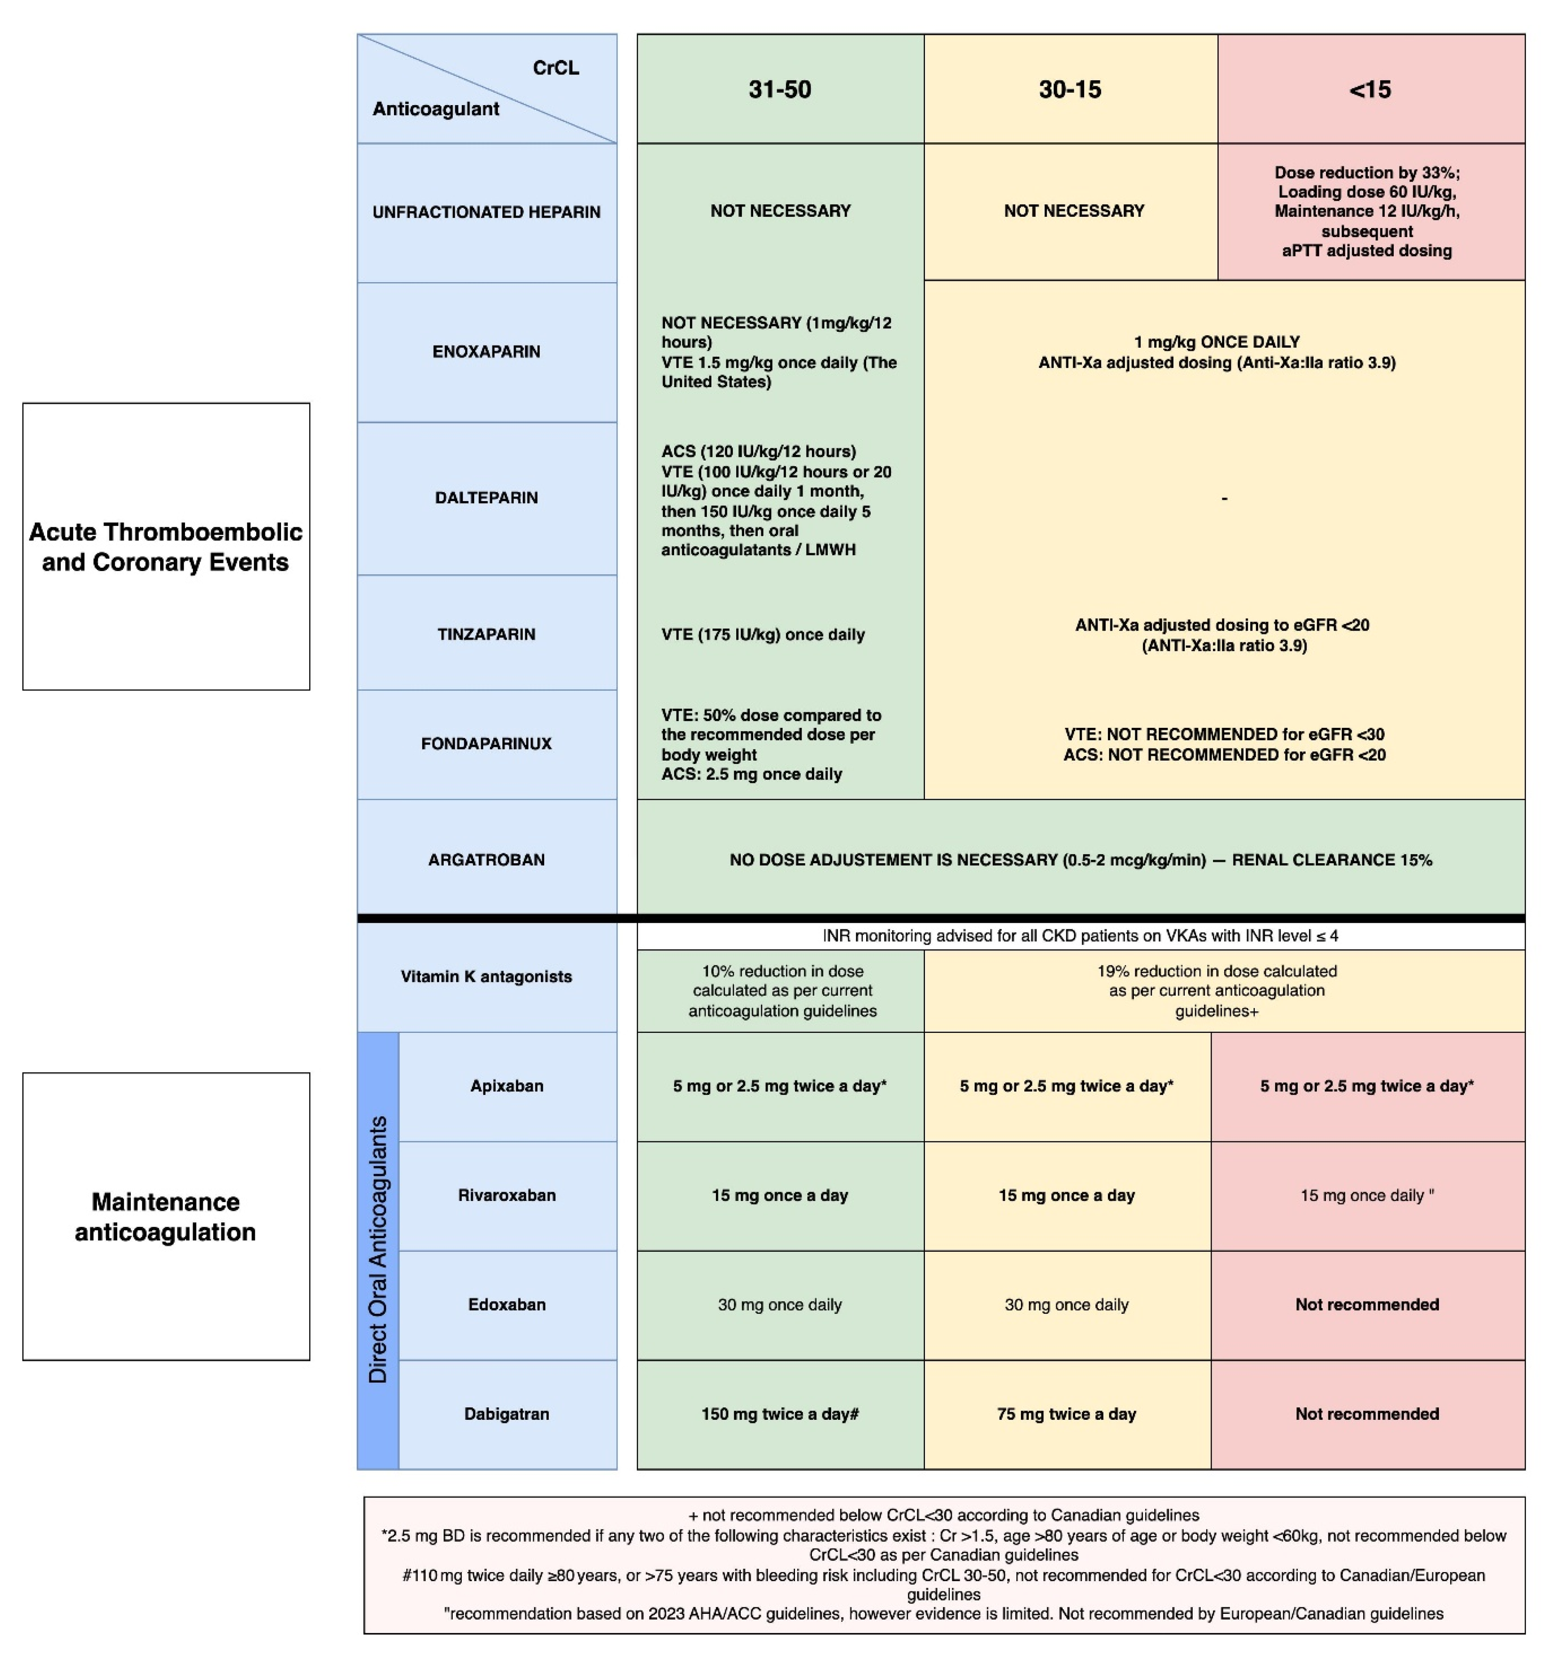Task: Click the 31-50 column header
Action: click(780, 89)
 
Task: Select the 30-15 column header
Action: click(1070, 89)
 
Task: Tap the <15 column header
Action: click(1369, 89)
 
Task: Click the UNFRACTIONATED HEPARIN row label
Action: click(487, 212)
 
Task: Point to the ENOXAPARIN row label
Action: click(487, 351)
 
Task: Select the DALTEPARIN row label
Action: click(487, 497)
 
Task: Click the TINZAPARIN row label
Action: click(487, 634)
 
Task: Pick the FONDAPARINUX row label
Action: click(487, 743)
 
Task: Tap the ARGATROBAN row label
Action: click(487, 859)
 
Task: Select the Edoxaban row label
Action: click(507, 1304)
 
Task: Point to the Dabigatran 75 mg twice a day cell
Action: click(1066, 1414)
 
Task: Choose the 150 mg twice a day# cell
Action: click(780, 1414)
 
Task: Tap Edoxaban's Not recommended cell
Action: click(1367, 1304)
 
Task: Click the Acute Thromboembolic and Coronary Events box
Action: click(166, 547)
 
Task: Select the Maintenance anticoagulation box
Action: click(166, 1216)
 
